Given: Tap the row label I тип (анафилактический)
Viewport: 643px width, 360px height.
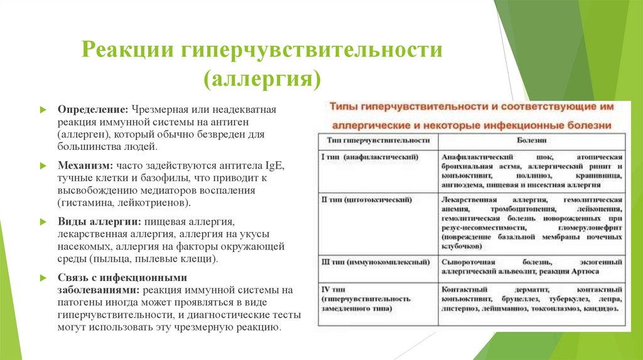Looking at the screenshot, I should pyautogui.click(x=370, y=155).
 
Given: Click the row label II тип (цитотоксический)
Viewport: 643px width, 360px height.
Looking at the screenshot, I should pyautogui.click(x=367, y=199).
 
